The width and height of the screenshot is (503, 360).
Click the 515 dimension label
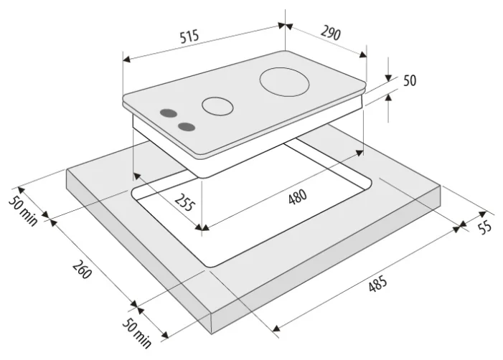click(189, 37)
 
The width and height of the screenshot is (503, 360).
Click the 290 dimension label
click(330, 33)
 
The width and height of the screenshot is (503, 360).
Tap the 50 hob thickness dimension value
click(410, 80)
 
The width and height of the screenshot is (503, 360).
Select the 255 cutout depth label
click(184, 202)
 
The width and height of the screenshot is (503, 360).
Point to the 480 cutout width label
click(298, 196)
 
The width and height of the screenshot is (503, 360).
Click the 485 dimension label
click(377, 284)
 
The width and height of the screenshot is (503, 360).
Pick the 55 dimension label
click(485, 227)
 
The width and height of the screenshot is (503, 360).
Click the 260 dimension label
click(82, 269)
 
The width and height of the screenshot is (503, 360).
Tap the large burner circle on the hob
click(284, 82)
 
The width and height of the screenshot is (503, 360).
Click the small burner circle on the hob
click(217, 106)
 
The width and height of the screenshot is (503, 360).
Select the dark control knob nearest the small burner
click(169, 113)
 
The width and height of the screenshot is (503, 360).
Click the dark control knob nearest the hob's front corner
click(187, 127)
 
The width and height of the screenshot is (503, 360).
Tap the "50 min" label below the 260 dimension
click(136, 333)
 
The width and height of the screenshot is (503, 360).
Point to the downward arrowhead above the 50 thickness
click(388, 77)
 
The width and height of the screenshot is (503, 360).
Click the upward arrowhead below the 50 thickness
click(388, 97)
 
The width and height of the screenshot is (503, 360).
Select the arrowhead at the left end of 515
click(126, 59)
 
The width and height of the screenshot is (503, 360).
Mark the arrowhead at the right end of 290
click(363, 55)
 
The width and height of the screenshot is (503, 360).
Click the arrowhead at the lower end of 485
click(276, 328)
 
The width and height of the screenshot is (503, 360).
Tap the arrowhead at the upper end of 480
click(359, 153)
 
